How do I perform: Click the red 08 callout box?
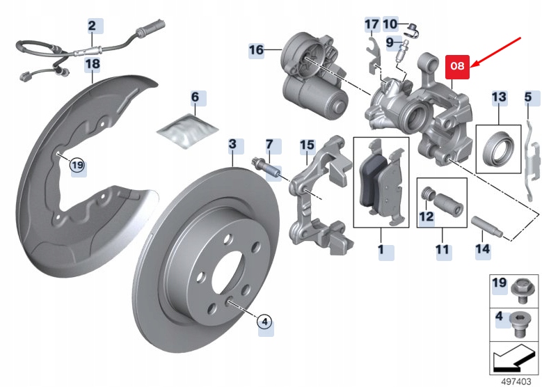[x=457, y=68]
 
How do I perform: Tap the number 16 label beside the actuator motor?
[x=257, y=50]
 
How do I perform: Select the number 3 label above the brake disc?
[x=232, y=145]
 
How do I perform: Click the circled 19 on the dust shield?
[x=77, y=165]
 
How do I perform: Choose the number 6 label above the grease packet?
[x=196, y=97]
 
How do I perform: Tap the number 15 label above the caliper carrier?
[x=308, y=145]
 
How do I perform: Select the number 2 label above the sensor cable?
[x=91, y=26]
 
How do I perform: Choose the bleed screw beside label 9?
[x=402, y=52]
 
